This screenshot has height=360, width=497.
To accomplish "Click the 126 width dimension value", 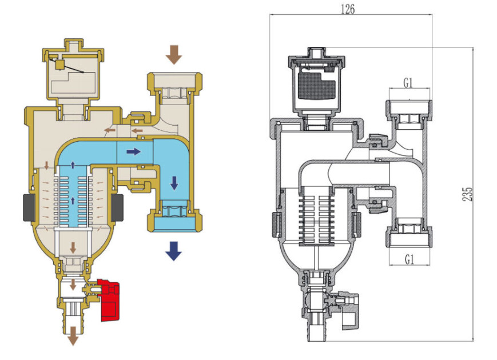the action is tap(348, 9).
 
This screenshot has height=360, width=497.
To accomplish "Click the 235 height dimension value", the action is tap(467, 194).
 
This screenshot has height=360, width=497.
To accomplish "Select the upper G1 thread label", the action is tap(408, 83).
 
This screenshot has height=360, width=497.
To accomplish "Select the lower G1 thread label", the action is tap(409, 259).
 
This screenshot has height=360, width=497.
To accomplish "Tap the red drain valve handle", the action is tap(109, 300).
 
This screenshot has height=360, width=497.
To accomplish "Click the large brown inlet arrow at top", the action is tap(174, 55).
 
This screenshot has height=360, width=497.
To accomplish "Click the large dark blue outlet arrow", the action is tap(173, 251).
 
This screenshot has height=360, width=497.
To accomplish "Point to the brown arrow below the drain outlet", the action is tap(73, 336).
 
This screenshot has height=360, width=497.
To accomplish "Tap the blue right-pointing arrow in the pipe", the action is tap(133, 151).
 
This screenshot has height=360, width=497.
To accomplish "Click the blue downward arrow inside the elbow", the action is tap(174, 183).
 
